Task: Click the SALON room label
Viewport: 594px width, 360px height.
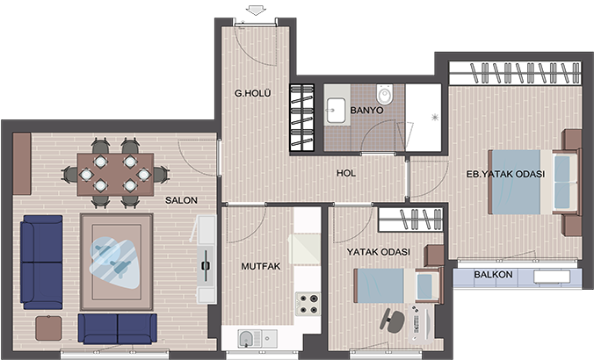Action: pos(181,200)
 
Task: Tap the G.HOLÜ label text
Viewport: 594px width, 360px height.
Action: pos(253,93)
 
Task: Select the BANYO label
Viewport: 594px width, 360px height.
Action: pos(366,111)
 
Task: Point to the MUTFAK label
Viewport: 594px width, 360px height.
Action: pos(261,267)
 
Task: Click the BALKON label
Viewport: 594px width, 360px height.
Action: pos(493,275)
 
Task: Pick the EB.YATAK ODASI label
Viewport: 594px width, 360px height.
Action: pos(505,174)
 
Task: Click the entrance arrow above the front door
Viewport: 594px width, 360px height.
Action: pos(256,11)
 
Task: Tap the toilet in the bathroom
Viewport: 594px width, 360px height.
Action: pos(385,94)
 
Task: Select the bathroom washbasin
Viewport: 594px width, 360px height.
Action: pos(336,111)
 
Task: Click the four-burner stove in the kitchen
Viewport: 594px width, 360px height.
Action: pos(308,304)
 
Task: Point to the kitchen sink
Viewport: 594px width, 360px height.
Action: pos(257,338)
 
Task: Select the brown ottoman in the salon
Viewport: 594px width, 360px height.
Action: pos(48,328)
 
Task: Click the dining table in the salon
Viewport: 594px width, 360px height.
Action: pos(115,175)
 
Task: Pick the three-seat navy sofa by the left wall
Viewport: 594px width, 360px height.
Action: pos(41,263)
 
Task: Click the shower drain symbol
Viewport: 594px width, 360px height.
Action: pos(435,118)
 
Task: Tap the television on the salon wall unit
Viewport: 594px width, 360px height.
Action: pos(206,266)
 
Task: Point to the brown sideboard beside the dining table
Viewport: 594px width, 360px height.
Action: pos(22,163)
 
